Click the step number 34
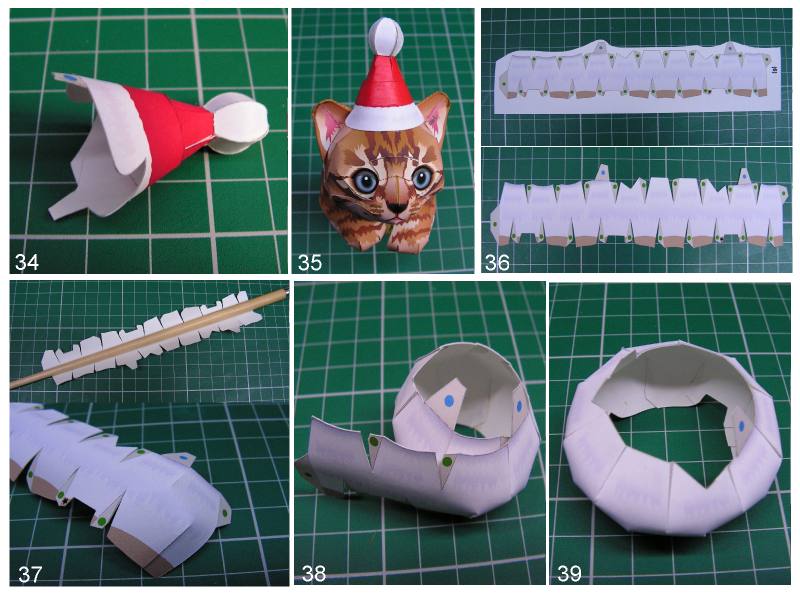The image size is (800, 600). pyautogui.click(x=27, y=262)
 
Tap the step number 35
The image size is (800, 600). pyautogui.click(x=310, y=262)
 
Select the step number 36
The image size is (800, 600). pyautogui.click(x=497, y=262)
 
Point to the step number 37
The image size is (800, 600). pyautogui.click(x=30, y=574)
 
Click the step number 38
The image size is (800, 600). pyautogui.click(x=314, y=573)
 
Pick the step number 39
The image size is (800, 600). pyautogui.click(x=569, y=573)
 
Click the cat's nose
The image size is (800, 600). pyautogui.click(x=397, y=208)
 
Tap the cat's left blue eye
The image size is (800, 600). pyautogui.click(x=366, y=181)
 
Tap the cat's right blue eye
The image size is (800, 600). pyautogui.click(x=421, y=177)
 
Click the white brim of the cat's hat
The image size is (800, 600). pyautogui.click(x=385, y=117)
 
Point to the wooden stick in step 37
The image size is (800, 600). pyautogui.click(x=148, y=338)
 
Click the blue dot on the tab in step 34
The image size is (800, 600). pyautogui.click(x=70, y=78)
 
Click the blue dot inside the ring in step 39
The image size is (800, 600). pyautogui.click(x=741, y=426)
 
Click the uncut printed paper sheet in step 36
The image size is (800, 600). pyautogui.click(x=638, y=77)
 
